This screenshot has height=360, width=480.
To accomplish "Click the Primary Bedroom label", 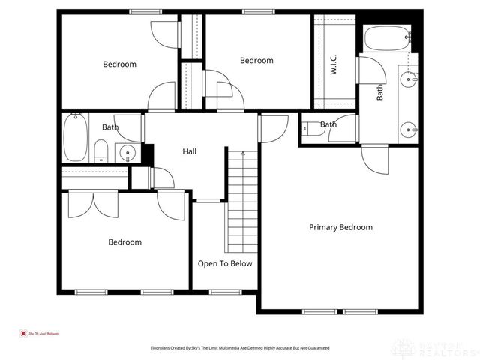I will [340, 227].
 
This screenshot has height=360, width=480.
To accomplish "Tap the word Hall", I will [190, 151].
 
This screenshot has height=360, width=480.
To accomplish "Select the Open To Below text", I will [225, 263].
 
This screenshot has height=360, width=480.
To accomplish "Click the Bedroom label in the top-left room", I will [119, 64].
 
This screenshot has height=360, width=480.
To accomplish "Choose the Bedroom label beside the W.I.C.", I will [256, 61].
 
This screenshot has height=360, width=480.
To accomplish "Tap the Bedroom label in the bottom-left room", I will [124, 242].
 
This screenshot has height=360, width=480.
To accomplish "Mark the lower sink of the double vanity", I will [409, 128].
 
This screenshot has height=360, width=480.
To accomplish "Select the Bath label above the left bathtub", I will [110, 127].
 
